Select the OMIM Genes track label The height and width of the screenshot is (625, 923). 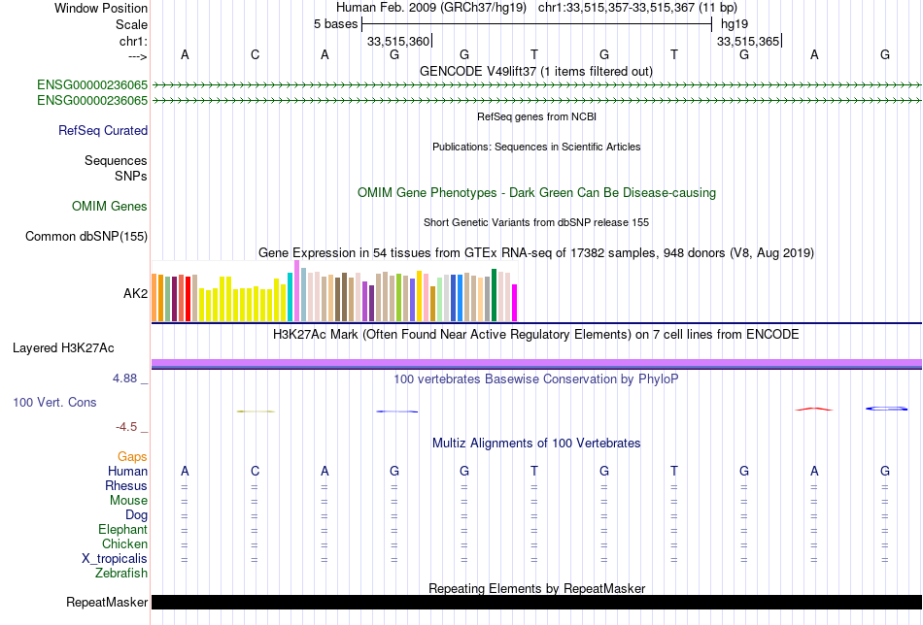[110, 206]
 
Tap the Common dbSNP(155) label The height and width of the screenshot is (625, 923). [86, 236]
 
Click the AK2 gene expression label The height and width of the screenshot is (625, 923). [135, 292]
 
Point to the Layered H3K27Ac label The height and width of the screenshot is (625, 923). [80, 346]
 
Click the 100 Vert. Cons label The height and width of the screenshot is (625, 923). [54, 402]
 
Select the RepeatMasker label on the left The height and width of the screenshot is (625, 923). [107, 603]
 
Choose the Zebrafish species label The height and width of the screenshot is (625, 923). [121, 574]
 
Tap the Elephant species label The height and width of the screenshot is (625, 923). [122, 530]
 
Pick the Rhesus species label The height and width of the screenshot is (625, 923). [126, 485]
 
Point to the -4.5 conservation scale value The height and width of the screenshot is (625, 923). [127, 426]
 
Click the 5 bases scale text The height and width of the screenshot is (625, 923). [335, 23]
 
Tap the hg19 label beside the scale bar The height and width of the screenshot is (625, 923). [733, 23]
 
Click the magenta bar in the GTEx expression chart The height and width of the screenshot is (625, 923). [515, 302]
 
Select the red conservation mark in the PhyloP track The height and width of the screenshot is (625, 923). [814, 409]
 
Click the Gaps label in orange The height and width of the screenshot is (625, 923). [132, 456]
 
